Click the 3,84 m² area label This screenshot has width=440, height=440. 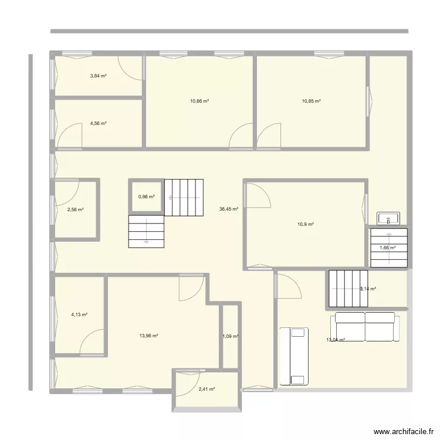tap(98, 75)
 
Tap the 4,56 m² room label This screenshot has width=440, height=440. tap(98, 123)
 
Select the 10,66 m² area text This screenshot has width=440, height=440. tap(199, 101)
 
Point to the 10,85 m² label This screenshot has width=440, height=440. tap(312, 101)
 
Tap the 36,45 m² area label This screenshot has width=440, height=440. tap(228, 208)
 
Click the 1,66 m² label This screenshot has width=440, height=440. tap(388, 248)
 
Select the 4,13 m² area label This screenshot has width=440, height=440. tap(79, 314)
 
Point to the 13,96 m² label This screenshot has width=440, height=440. tap(149, 336)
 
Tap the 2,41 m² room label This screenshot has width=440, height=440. tap(207, 389)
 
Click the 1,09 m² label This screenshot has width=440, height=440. tap(231, 336)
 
